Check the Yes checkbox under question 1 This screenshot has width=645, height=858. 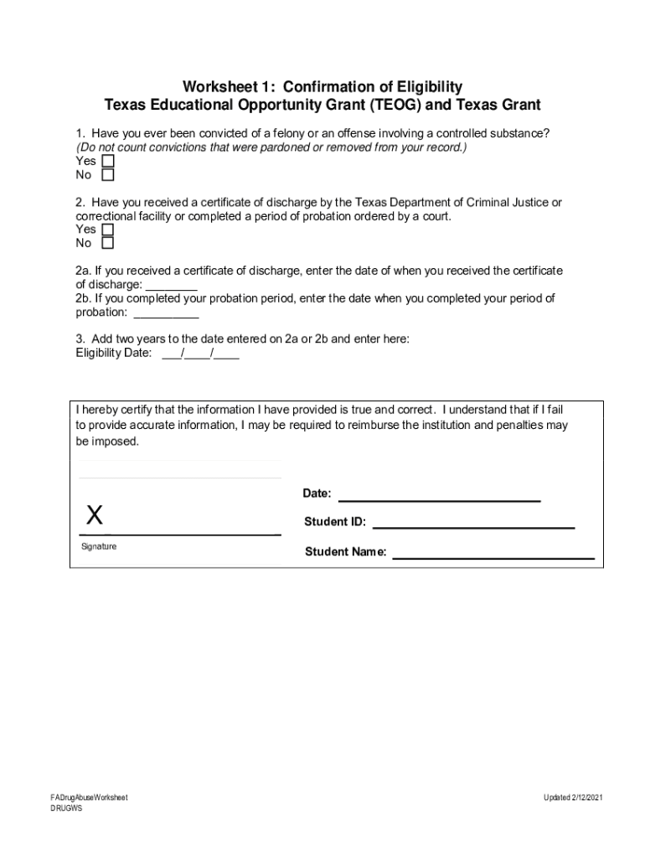pos(107,161)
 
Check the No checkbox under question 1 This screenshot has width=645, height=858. pos(107,175)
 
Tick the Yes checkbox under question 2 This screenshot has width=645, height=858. pos(107,230)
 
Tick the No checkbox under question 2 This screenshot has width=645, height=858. pos(107,244)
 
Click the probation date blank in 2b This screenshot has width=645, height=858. pos(166,313)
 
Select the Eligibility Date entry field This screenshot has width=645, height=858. pos(200,353)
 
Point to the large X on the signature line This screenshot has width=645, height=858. pos(95,514)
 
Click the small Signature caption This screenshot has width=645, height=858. pos(99,546)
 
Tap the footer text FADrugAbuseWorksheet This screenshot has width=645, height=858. pos(89,797)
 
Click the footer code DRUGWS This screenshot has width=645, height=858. pos(66,809)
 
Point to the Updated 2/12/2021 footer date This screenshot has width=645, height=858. pos(572,797)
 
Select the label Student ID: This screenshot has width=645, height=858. pos(335,522)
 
